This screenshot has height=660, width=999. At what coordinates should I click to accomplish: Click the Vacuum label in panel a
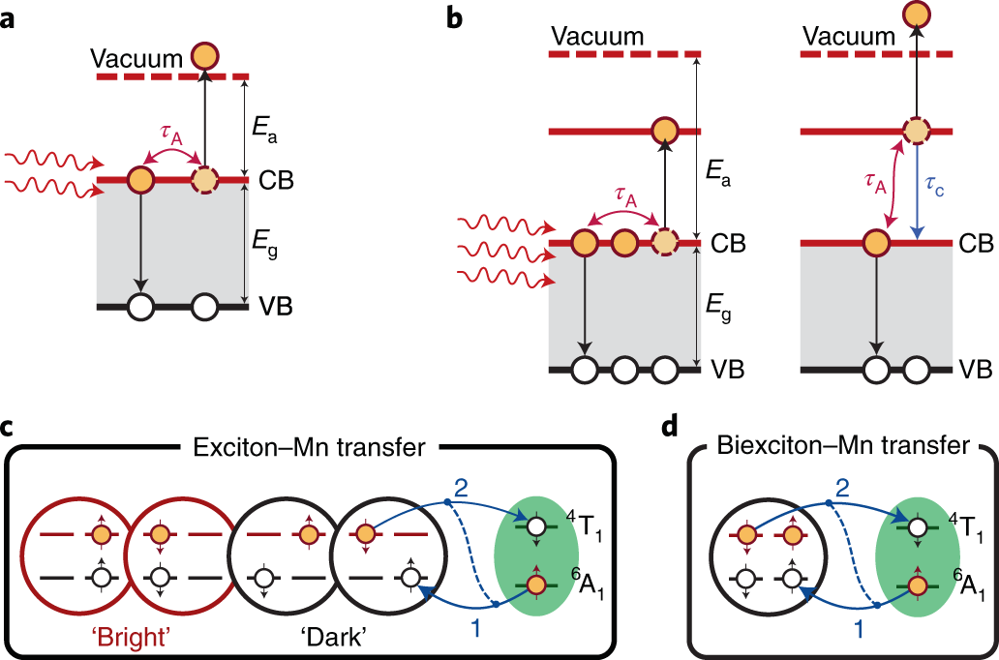click(136, 58)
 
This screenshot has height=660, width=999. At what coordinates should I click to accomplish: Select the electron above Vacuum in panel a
click(203, 56)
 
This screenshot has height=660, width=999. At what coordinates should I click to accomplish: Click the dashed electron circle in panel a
click(203, 179)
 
